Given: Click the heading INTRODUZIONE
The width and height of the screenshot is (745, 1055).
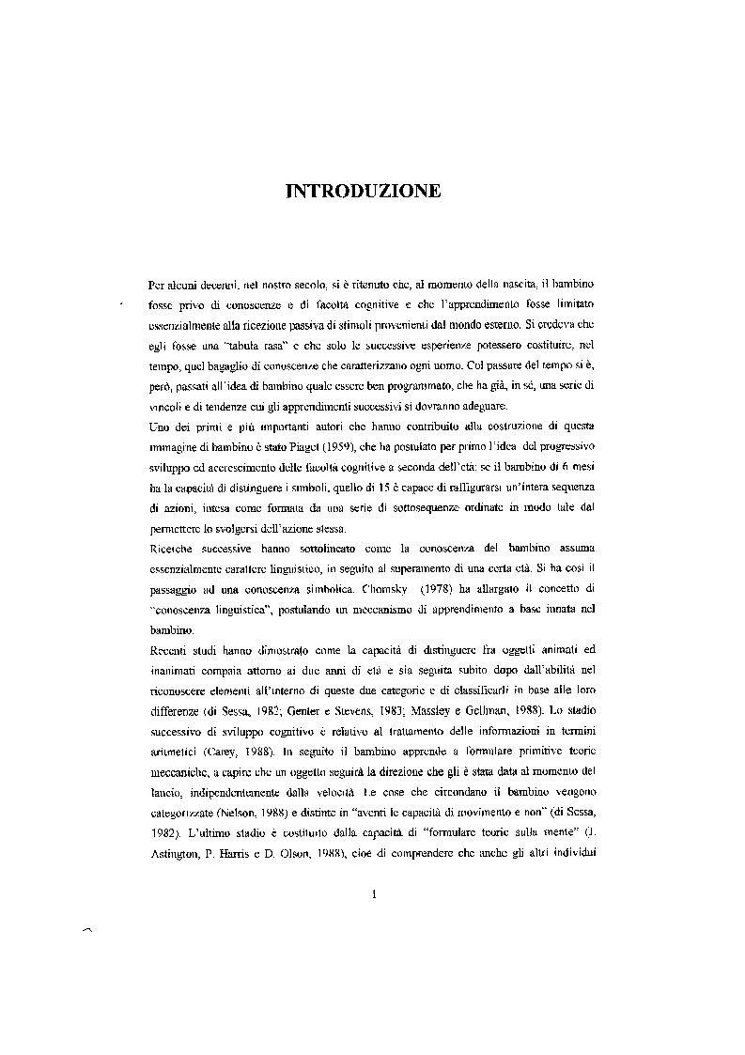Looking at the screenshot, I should point(363,191).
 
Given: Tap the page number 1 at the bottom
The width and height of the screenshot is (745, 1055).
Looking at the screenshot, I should point(373,893).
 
